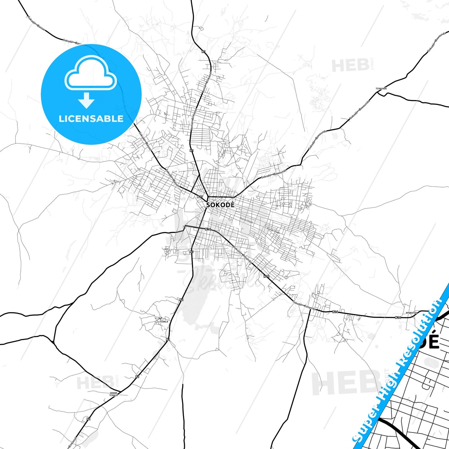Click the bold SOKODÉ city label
tap(220, 205)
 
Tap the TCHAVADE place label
tap(381, 89)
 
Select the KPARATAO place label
tap(411, 313)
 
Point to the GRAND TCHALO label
tap(114, 394)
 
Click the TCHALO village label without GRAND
tap(164, 322)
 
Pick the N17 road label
tap(200, 197)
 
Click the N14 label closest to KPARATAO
tap(398, 318)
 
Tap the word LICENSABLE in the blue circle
tap(91, 119)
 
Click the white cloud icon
tap(90, 73)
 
